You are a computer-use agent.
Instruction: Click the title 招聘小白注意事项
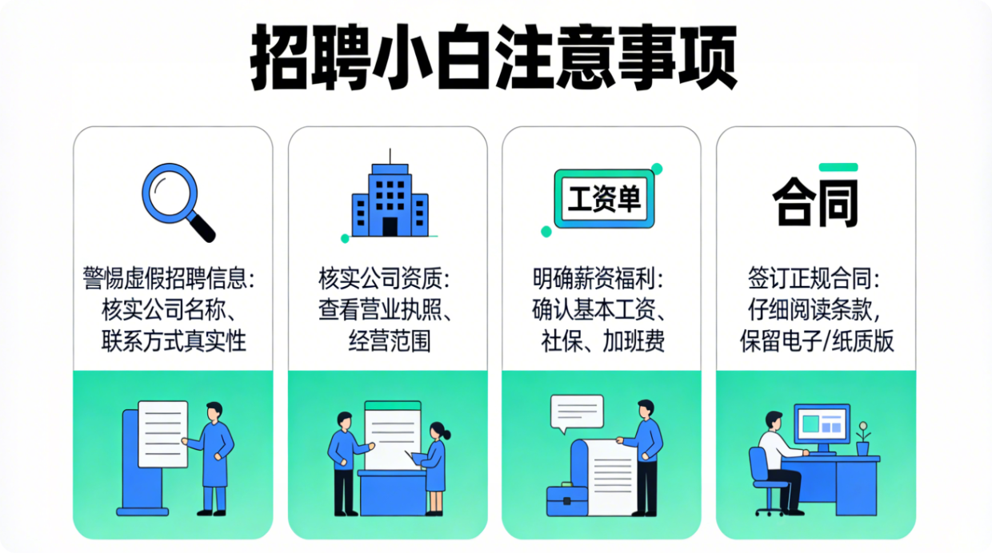tap(494, 57)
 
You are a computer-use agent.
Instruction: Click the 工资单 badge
tap(604, 199)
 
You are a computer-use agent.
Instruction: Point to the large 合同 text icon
tap(815, 201)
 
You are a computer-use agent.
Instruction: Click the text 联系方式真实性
tap(174, 340)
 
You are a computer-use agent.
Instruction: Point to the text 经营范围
tap(390, 340)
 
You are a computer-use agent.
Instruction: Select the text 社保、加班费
tap(603, 340)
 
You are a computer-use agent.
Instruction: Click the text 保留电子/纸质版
tap(817, 340)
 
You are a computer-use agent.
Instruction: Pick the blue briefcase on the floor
tap(567, 500)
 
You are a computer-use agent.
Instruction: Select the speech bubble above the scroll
tap(577, 413)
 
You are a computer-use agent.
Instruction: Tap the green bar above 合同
tap(838, 167)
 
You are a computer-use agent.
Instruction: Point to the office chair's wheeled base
tap(770, 511)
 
